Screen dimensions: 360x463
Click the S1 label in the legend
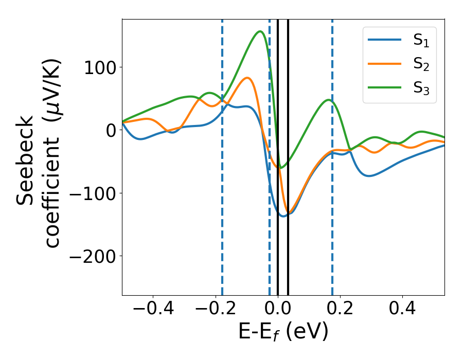421,41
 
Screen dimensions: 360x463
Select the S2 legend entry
421,65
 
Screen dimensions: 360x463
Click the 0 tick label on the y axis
111,130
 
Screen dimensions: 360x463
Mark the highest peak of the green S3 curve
260,31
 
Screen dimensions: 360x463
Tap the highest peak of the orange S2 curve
247,78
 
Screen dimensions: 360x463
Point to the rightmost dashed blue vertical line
332,206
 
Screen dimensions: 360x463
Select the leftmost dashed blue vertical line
222,206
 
